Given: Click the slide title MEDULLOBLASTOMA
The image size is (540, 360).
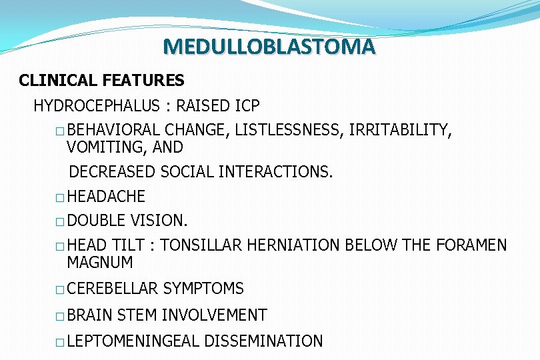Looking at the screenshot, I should [269, 47].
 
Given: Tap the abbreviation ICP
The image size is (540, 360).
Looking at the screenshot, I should [247, 106].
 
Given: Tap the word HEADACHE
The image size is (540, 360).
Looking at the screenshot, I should [106, 197].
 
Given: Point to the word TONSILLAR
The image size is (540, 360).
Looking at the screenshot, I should [201, 245].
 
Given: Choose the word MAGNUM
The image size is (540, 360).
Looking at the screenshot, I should [100, 262].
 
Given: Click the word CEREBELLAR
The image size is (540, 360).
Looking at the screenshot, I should [113, 289].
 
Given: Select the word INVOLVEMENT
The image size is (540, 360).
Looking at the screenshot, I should [214, 315].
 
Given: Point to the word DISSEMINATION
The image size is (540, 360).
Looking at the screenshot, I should [263, 341].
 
